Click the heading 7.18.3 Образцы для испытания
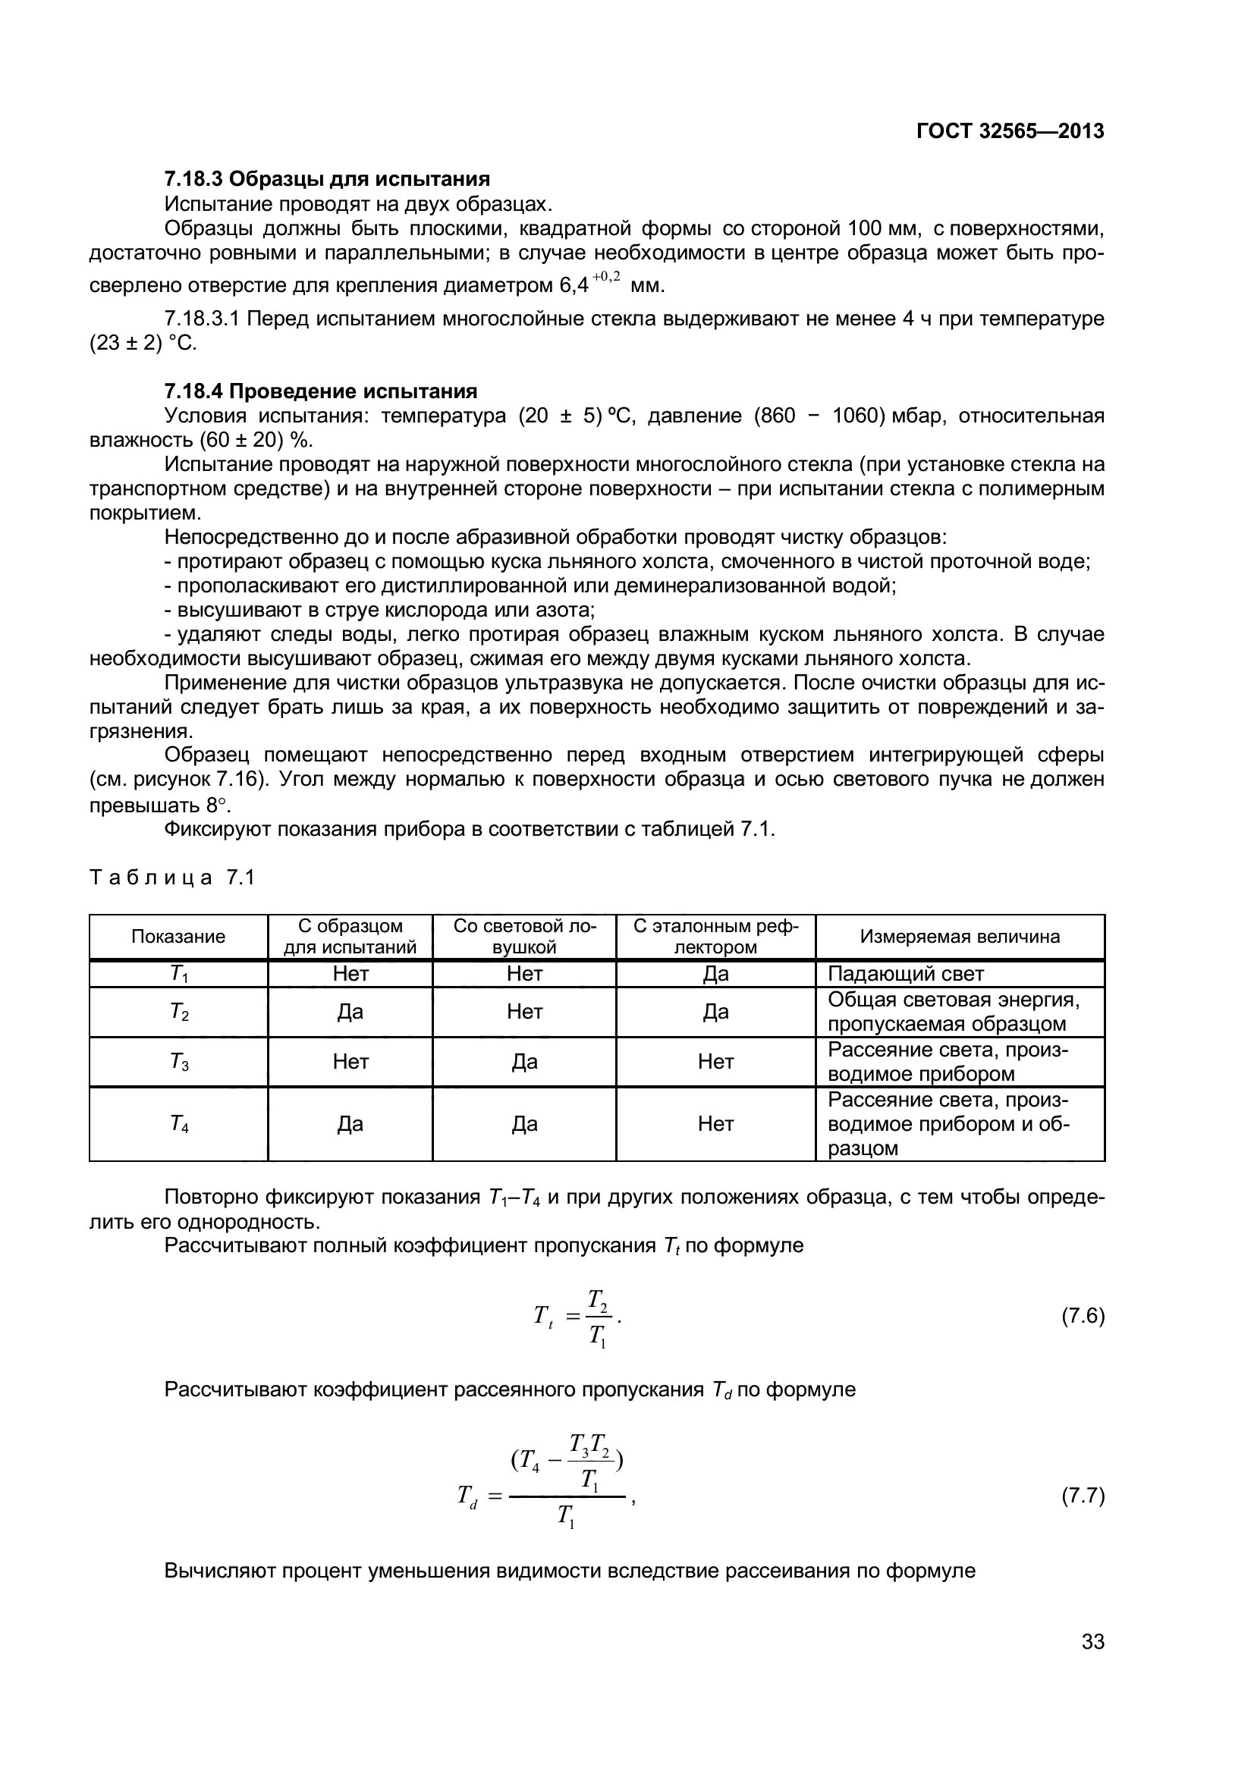tap(327, 179)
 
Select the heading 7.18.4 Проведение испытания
tap(321, 391)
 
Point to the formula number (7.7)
tap(1083, 1496)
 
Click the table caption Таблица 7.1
tap(171, 878)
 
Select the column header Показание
tap(178, 937)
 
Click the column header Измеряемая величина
tap(960, 937)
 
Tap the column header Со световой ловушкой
tap(525, 937)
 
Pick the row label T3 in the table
tap(178, 1062)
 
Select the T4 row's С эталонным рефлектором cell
tap(715, 1123)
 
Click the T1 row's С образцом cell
tap(350, 974)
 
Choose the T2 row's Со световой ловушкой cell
tap(525, 1012)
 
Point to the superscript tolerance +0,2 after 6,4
tap(607, 277)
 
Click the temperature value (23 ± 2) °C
tap(143, 343)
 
